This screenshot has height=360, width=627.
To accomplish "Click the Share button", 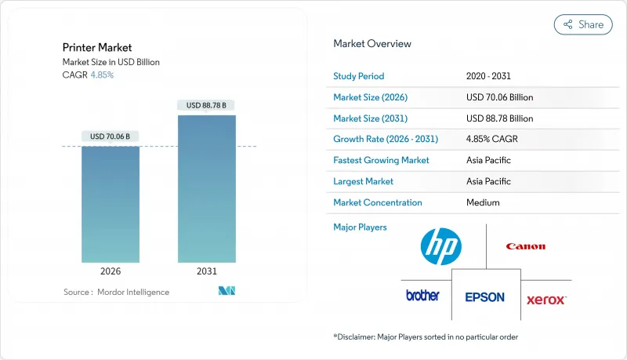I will [583, 24].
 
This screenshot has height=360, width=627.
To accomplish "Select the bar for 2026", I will [111, 204].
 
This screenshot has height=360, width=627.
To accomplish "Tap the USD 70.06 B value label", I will [111, 136].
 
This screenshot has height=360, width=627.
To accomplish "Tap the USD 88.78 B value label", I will [206, 105].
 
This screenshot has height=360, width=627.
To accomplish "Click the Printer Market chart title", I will [98, 48].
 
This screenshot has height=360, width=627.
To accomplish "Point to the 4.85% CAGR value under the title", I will [102, 75].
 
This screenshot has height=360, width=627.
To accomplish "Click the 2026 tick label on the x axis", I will [111, 271].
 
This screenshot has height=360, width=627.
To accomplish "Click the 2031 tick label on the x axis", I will [206, 271].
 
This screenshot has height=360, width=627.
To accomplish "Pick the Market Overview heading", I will [371, 44].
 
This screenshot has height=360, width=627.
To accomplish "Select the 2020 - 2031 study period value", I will [491, 76].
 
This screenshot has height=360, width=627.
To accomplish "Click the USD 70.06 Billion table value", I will [499, 97].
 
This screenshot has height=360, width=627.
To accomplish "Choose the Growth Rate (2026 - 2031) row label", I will [386, 140].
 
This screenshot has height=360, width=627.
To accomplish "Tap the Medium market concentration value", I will [483, 202].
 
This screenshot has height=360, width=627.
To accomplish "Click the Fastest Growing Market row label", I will [381, 160].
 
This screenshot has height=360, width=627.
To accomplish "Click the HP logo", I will [441, 245].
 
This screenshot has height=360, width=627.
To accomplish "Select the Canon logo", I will [525, 246].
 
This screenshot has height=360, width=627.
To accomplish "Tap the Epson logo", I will [484, 297].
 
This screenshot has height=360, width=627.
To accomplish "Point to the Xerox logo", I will [546, 300].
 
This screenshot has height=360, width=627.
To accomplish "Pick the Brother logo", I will [422, 296].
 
